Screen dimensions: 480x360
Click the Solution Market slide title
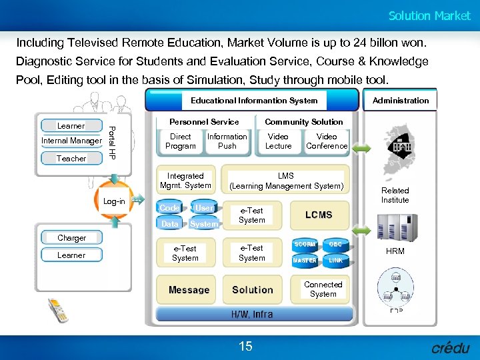pos(429,16)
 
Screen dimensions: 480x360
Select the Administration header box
pos(400,101)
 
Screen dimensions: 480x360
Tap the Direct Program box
pos(180,141)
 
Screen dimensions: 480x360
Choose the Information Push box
pos(227,141)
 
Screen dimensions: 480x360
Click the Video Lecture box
pos(278,141)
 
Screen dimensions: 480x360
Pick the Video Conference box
pos(327,141)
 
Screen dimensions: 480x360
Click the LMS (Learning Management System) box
pos(286,181)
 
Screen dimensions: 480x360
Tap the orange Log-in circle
pos(114,201)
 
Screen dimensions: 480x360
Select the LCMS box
pos(319,215)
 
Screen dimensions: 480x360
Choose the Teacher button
pos(71,159)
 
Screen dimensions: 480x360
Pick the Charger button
pos(71,238)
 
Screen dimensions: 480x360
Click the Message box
pos(189,290)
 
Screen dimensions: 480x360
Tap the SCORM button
pos(305,245)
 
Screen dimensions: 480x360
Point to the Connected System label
pos(323,289)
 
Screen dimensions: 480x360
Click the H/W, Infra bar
pos(252,314)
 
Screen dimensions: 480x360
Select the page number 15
pos(245,346)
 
